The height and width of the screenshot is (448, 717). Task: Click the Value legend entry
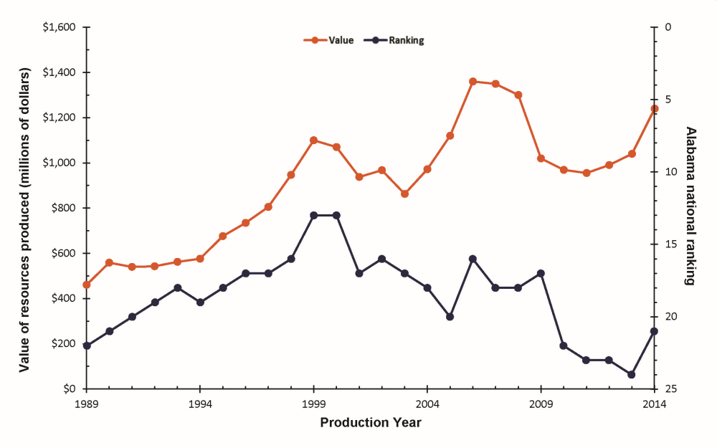331,41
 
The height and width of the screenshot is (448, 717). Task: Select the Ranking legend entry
395,41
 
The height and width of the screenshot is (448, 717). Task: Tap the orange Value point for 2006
473,82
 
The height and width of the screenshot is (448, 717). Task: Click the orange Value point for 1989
87,285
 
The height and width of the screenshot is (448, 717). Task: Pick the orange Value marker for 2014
655,108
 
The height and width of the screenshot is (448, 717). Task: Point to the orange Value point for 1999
313,140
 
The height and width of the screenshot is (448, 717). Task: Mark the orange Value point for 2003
404,194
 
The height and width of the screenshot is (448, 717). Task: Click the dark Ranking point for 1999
313,215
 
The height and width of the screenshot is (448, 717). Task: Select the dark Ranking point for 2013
632,374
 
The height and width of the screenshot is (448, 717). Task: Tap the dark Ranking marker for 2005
450,317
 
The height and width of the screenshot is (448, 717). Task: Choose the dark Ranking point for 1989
87,345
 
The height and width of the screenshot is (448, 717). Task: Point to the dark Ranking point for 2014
655,331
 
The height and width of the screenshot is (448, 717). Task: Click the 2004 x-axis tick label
427,404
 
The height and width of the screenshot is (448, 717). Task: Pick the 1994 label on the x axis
200,404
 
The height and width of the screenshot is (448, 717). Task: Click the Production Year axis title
371,422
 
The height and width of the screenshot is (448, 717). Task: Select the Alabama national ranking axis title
691,206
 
